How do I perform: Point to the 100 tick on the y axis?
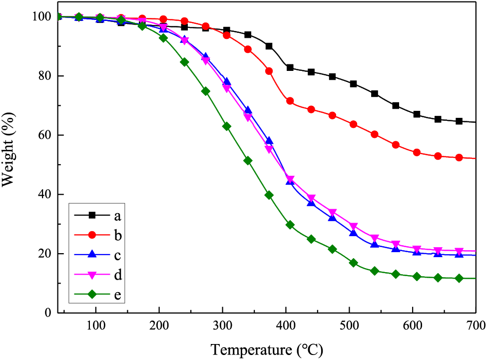click(x=41, y=17)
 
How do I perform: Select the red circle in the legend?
click(x=92, y=235)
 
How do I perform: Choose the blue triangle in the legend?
click(x=92, y=255)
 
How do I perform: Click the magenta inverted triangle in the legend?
click(x=92, y=275)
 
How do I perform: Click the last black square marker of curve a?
click(x=459, y=121)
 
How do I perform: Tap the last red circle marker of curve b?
click(x=459, y=157)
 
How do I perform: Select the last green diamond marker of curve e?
click(x=459, y=278)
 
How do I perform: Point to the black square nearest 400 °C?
click(x=290, y=67)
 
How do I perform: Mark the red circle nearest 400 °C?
click(x=290, y=101)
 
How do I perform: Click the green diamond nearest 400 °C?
click(x=290, y=225)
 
